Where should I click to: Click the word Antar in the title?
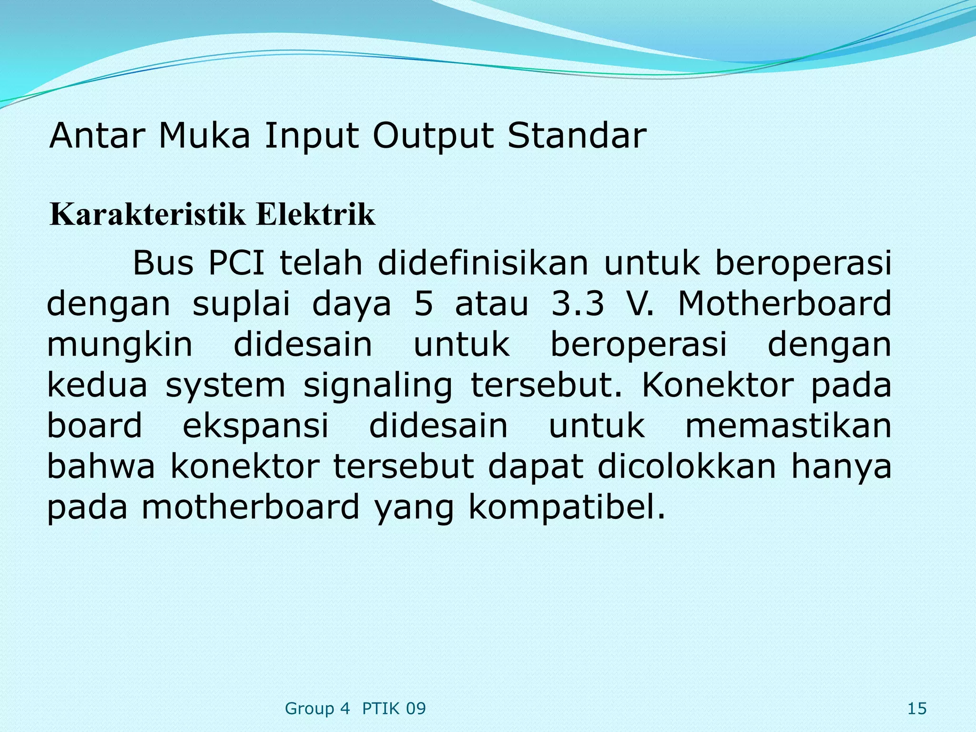point(96,136)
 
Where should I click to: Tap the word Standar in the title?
point(576,136)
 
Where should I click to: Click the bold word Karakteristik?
point(148,215)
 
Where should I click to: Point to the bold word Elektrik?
point(315,215)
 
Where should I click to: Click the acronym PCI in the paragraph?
point(236,263)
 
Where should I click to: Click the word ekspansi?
point(255,427)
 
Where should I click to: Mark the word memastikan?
point(788,426)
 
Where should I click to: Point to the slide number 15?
point(916,709)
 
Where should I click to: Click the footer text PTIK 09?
point(394,709)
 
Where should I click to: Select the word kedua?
point(97,385)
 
